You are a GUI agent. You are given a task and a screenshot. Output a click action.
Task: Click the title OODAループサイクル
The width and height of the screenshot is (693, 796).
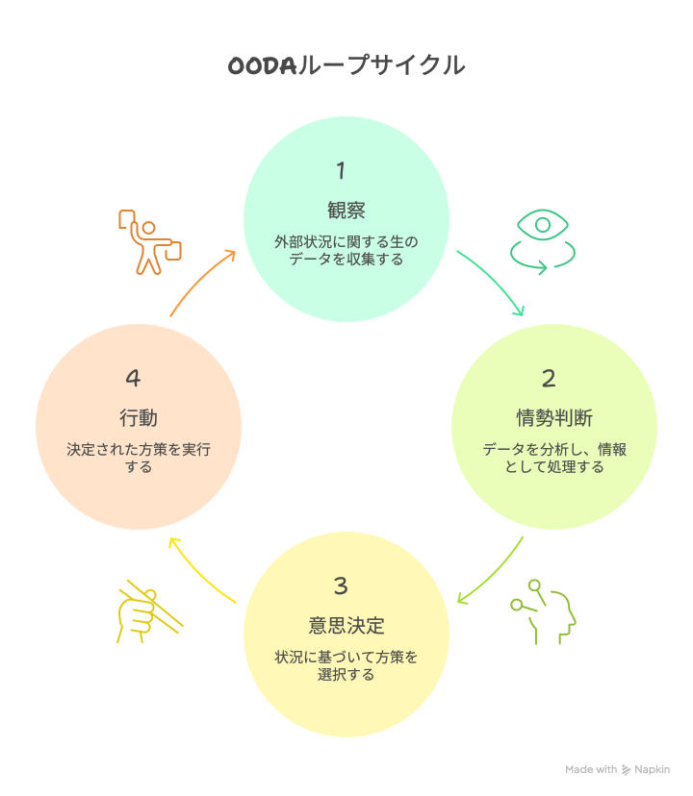pyautogui.click(x=346, y=65)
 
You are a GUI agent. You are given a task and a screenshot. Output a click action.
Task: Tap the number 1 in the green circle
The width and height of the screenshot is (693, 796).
pyautogui.click(x=341, y=171)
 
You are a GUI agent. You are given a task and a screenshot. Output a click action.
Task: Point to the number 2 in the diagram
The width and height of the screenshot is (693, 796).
pyautogui.click(x=549, y=379)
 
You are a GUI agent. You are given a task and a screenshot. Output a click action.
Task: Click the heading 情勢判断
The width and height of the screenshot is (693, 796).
pyautogui.click(x=554, y=418)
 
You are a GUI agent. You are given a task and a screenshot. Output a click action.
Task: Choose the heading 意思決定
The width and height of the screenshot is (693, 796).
pyautogui.click(x=346, y=626)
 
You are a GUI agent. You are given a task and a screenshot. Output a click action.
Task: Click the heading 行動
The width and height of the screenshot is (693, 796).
pyautogui.click(x=139, y=418)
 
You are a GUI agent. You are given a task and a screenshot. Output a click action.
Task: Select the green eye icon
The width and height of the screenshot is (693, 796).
pyautogui.click(x=543, y=240)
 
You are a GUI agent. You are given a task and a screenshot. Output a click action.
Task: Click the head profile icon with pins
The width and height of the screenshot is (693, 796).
pyautogui.click(x=545, y=611)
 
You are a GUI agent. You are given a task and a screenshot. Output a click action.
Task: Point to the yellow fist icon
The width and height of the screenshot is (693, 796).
pyautogui.click(x=144, y=610)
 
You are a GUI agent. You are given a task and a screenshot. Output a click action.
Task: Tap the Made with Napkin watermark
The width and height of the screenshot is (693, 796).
pyautogui.click(x=617, y=769)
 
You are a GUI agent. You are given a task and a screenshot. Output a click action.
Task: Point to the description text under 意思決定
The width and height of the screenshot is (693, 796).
pyautogui.click(x=346, y=665)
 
